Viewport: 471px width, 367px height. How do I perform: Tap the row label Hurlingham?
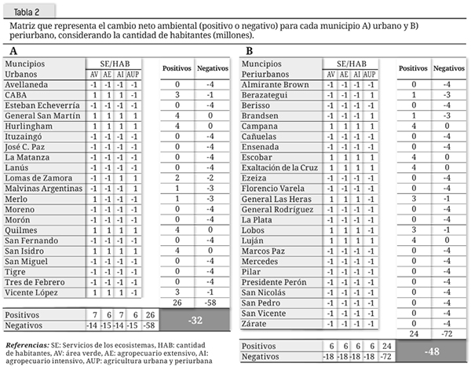[29, 124]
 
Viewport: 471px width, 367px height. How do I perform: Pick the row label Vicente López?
[32, 292]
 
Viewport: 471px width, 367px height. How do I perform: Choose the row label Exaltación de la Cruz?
[280, 167]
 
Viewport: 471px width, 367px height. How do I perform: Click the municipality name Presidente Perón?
[272, 281]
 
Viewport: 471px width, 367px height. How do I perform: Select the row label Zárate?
[255, 322]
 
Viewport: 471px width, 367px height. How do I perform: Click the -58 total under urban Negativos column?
[206, 302]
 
